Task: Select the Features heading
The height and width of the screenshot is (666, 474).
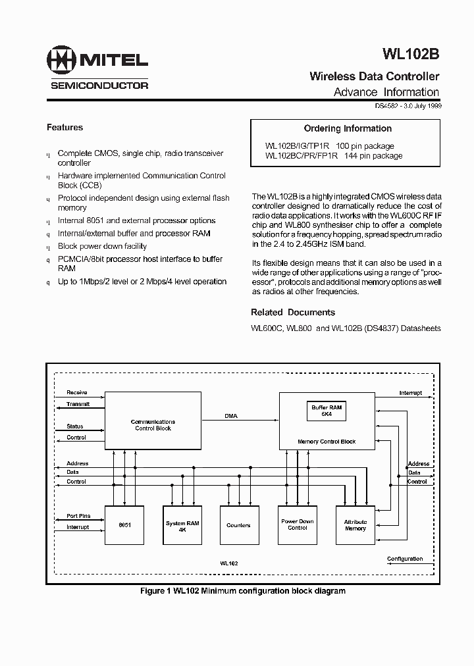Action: point(65,127)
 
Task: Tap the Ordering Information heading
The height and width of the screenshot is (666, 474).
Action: point(348,128)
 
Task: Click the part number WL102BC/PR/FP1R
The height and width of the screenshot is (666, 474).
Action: point(302,156)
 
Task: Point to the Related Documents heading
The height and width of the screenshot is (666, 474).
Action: point(293,313)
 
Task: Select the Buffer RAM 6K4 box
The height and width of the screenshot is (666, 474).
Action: point(327,411)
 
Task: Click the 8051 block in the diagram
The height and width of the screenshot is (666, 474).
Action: point(125,525)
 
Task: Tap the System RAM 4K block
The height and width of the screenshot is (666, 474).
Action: point(182,525)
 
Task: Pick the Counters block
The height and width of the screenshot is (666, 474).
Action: point(238,525)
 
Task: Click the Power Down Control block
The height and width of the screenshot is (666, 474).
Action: point(298,525)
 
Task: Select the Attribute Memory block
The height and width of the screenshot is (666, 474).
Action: point(355,525)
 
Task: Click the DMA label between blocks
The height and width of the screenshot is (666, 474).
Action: point(230,416)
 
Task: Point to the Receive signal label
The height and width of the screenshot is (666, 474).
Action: point(77,393)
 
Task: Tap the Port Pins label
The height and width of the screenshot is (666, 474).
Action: point(78,516)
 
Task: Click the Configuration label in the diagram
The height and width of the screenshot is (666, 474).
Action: point(404,559)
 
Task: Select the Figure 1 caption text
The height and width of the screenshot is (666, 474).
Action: point(243,591)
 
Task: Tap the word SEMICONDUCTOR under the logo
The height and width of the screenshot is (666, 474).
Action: point(99,85)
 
